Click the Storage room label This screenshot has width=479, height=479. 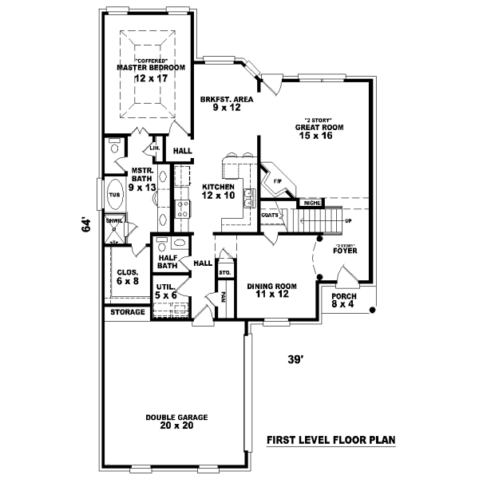click(x=127, y=312)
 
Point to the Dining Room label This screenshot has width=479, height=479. click(x=271, y=286)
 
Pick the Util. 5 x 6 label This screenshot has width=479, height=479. click(x=166, y=290)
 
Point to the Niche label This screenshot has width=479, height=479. click(x=312, y=204)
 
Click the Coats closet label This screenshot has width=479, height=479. click(x=269, y=215)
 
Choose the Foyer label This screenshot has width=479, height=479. click(x=345, y=250)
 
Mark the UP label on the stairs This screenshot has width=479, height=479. click(x=347, y=220)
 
